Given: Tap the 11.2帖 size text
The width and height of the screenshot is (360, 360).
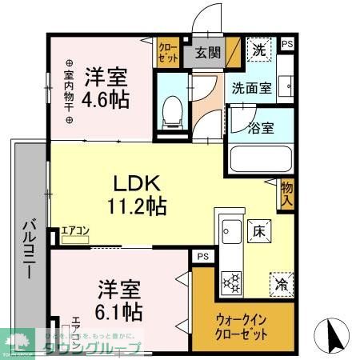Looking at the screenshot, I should click(x=137, y=206).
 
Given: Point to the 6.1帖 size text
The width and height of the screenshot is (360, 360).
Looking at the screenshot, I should click(x=120, y=309).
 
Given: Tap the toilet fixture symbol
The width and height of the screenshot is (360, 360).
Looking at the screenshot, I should click(x=171, y=111).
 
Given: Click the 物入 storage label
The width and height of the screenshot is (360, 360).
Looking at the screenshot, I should click(x=286, y=193).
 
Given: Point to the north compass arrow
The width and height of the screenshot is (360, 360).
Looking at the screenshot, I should click(x=334, y=332).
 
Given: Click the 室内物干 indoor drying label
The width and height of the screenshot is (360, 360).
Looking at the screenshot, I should click(x=69, y=92).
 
